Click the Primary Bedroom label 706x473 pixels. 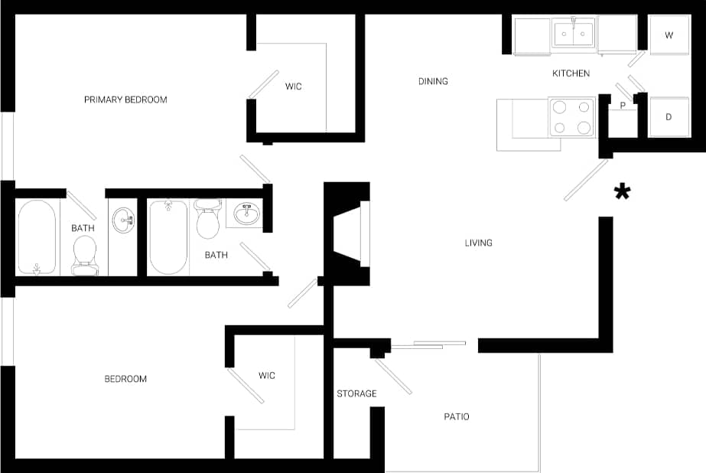[125, 99]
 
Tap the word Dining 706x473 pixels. [433, 81]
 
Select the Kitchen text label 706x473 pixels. [571, 73]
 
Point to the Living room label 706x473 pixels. [479, 243]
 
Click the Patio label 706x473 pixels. [457, 416]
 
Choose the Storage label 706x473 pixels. [356, 393]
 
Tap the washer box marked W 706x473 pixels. [669, 35]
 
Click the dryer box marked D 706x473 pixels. [669, 117]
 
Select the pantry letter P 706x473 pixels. [623, 106]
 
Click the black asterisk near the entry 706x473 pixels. [623, 192]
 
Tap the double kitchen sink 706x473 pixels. [573, 34]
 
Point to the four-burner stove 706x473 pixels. [572, 117]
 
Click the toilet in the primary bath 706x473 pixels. [84, 254]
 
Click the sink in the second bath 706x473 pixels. [245, 212]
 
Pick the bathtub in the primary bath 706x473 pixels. [37, 237]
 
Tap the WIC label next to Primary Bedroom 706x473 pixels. [294, 86]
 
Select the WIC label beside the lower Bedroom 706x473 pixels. [266, 375]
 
